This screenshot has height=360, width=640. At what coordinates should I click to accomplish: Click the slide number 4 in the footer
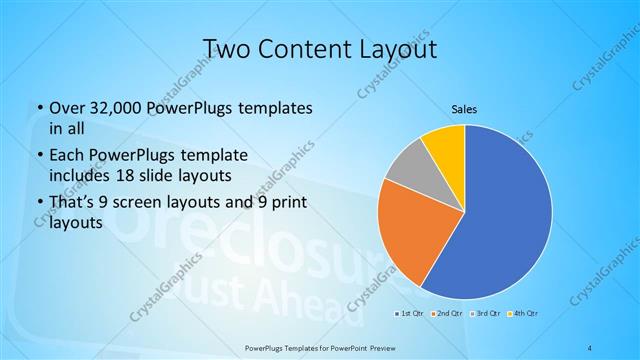[591, 347]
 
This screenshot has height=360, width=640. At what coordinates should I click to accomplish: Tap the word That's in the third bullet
[72, 204]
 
